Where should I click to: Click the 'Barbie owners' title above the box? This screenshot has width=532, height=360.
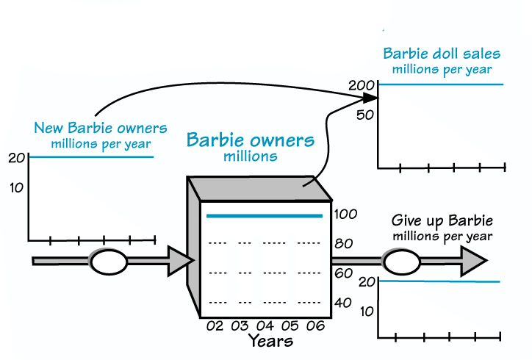tap(250, 140)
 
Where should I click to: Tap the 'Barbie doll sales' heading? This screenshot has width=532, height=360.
tap(441, 54)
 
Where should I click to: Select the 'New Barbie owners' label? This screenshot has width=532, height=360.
tap(101, 129)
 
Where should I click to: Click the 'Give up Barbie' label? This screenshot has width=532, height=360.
tap(442, 221)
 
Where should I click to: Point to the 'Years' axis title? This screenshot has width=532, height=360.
tap(270, 341)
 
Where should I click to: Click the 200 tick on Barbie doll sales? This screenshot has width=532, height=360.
tap(362, 85)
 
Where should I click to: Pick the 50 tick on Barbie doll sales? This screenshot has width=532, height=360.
tap(366, 115)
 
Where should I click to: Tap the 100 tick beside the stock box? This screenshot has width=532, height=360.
tap(345, 215)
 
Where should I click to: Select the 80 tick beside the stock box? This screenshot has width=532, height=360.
tap(342, 244)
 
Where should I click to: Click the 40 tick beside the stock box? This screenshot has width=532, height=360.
tap(342, 303)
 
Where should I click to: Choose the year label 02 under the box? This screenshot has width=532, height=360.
tap(215, 325)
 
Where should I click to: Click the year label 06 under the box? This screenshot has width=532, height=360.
tap(315, 325)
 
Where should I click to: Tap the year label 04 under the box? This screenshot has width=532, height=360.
tap(265, 325)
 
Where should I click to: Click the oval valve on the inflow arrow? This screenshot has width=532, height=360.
tap(109, 261)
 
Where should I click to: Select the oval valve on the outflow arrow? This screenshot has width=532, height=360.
tap(401, 261)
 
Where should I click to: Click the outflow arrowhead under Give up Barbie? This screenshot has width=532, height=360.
tap(473, 260)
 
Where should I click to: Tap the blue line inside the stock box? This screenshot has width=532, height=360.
tap(265, 216)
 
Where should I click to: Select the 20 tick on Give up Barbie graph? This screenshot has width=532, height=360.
tap(366, 281)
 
